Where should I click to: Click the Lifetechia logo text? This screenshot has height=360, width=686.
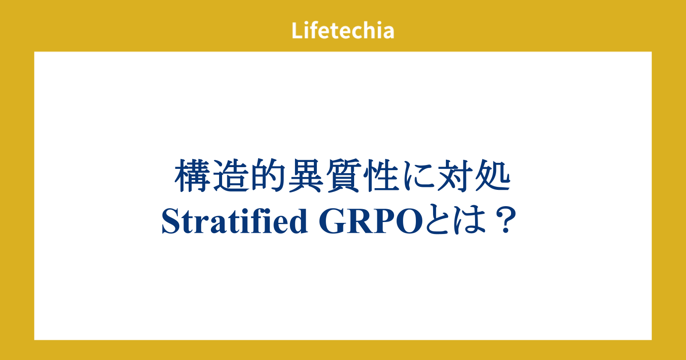pyautogui.click(x=343, y=30)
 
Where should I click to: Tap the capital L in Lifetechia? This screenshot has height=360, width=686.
pyautogui.click(x=297, y=30)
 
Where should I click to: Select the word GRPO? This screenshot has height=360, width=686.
pyautogui.click(x=371, y=221)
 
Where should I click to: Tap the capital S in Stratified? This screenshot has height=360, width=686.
pyautogui.click(x=170, y=221)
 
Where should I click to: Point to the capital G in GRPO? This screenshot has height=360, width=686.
pyautogui.click(x=331, y=221)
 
